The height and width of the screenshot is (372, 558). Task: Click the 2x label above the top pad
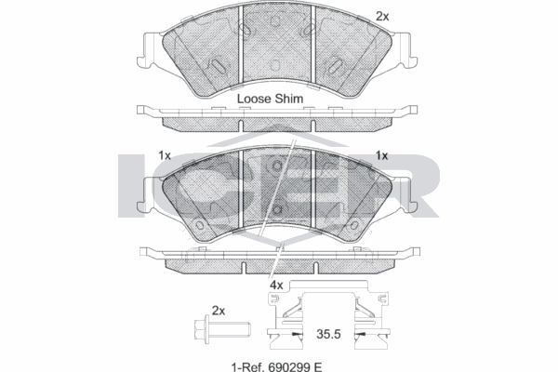(381, 16)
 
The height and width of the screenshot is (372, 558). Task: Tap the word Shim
(296, 98)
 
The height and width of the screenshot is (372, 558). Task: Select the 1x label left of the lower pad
(165, 155)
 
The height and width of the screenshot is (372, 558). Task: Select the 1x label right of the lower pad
(381, 155)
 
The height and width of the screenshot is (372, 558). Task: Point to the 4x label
(276, 285)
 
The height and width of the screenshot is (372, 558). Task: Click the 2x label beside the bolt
(219, 310)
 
